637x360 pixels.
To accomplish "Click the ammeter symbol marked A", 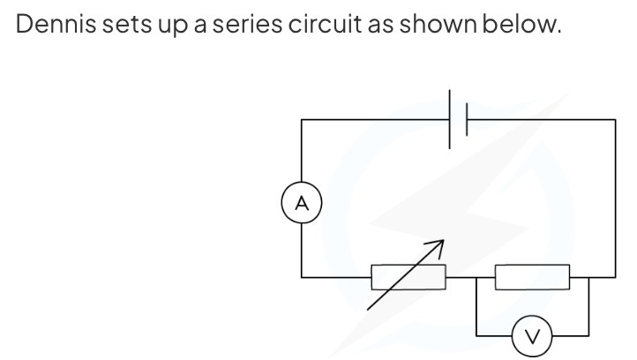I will point(303,203).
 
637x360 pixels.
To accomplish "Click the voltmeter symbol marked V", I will point(530,335).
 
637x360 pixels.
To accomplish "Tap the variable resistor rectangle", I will point(408,277).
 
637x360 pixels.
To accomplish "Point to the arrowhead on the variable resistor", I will point(436,243).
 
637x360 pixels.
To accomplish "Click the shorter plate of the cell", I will point(466,118).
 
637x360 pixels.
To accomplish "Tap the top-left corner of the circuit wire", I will point(303,119).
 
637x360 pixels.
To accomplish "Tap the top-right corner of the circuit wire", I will point(615,119).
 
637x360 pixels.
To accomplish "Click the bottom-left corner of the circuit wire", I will point(303,277).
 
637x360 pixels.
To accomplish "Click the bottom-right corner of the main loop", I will point(615,277).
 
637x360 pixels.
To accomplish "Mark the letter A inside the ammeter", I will point(303,203).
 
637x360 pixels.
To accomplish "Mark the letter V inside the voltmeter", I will point(530,336).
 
